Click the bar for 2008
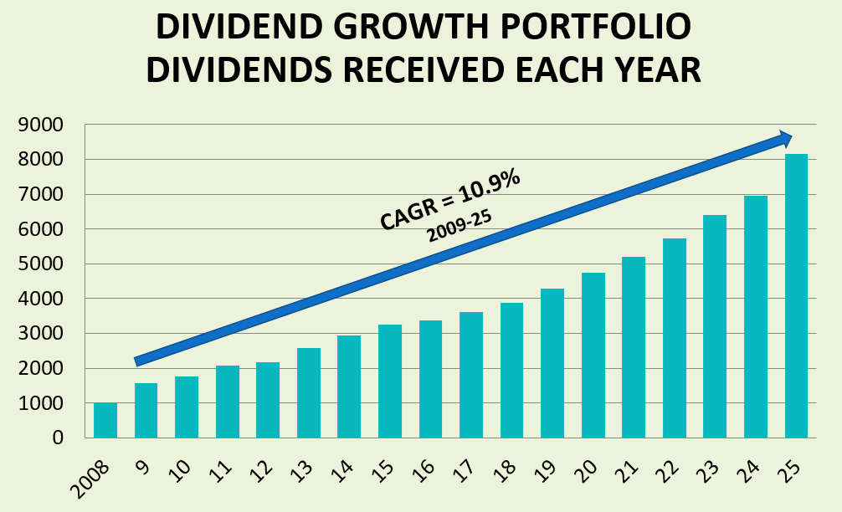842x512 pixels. click(x=105, y=421)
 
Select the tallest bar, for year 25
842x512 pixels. click(x=796, y=296)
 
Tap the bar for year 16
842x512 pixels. click(x=430, y=379)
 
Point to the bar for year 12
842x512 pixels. click(x=268, y=400)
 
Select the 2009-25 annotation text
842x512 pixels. click(x=459, y=226)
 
